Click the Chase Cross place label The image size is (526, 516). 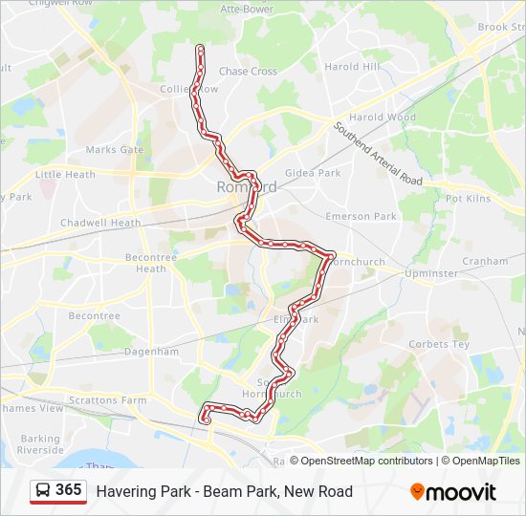coord(248,71)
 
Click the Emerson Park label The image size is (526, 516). coord(361,216)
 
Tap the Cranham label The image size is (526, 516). coord(485,260)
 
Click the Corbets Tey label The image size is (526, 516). coord(439,344)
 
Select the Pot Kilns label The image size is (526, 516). coord(468,198)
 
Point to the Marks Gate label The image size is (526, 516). coord(114,150)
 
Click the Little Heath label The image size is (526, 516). coord(65,175)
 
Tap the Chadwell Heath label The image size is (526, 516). coord(100,223)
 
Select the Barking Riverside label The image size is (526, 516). coord(40,444)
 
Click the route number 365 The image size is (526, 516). coord(68,490)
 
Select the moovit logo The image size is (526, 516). coord(453,492)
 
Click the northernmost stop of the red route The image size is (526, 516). coord(200,47)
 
